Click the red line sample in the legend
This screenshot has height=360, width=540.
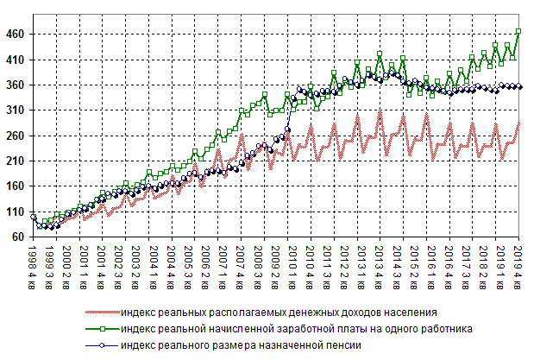103,313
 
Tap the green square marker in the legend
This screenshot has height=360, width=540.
103,329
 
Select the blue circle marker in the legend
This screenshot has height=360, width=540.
103,345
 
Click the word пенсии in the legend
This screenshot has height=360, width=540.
341,345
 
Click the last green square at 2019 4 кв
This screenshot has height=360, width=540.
518,32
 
